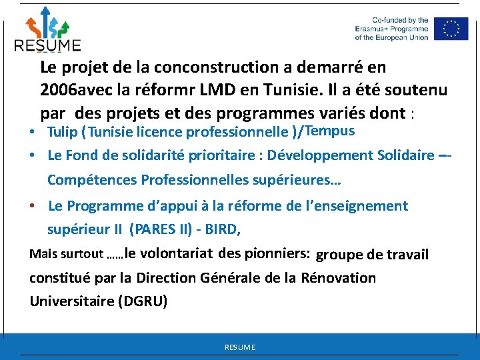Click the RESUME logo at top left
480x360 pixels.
[47, 29]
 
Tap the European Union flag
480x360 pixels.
[451, 29]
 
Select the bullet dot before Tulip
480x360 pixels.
[32, 132]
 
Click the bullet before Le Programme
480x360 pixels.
[32, 206]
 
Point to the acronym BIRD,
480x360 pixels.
[222, 230]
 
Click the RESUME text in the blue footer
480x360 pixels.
[240, 347]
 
